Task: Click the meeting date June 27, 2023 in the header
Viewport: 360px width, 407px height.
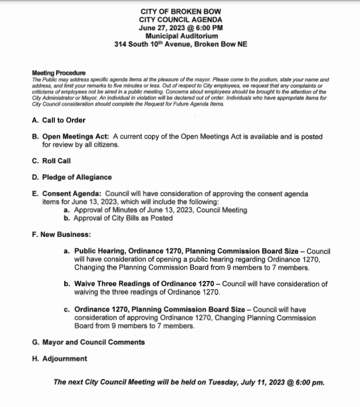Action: coord(160,28)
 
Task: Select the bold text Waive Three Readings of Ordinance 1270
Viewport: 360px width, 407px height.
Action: coord(145,284)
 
